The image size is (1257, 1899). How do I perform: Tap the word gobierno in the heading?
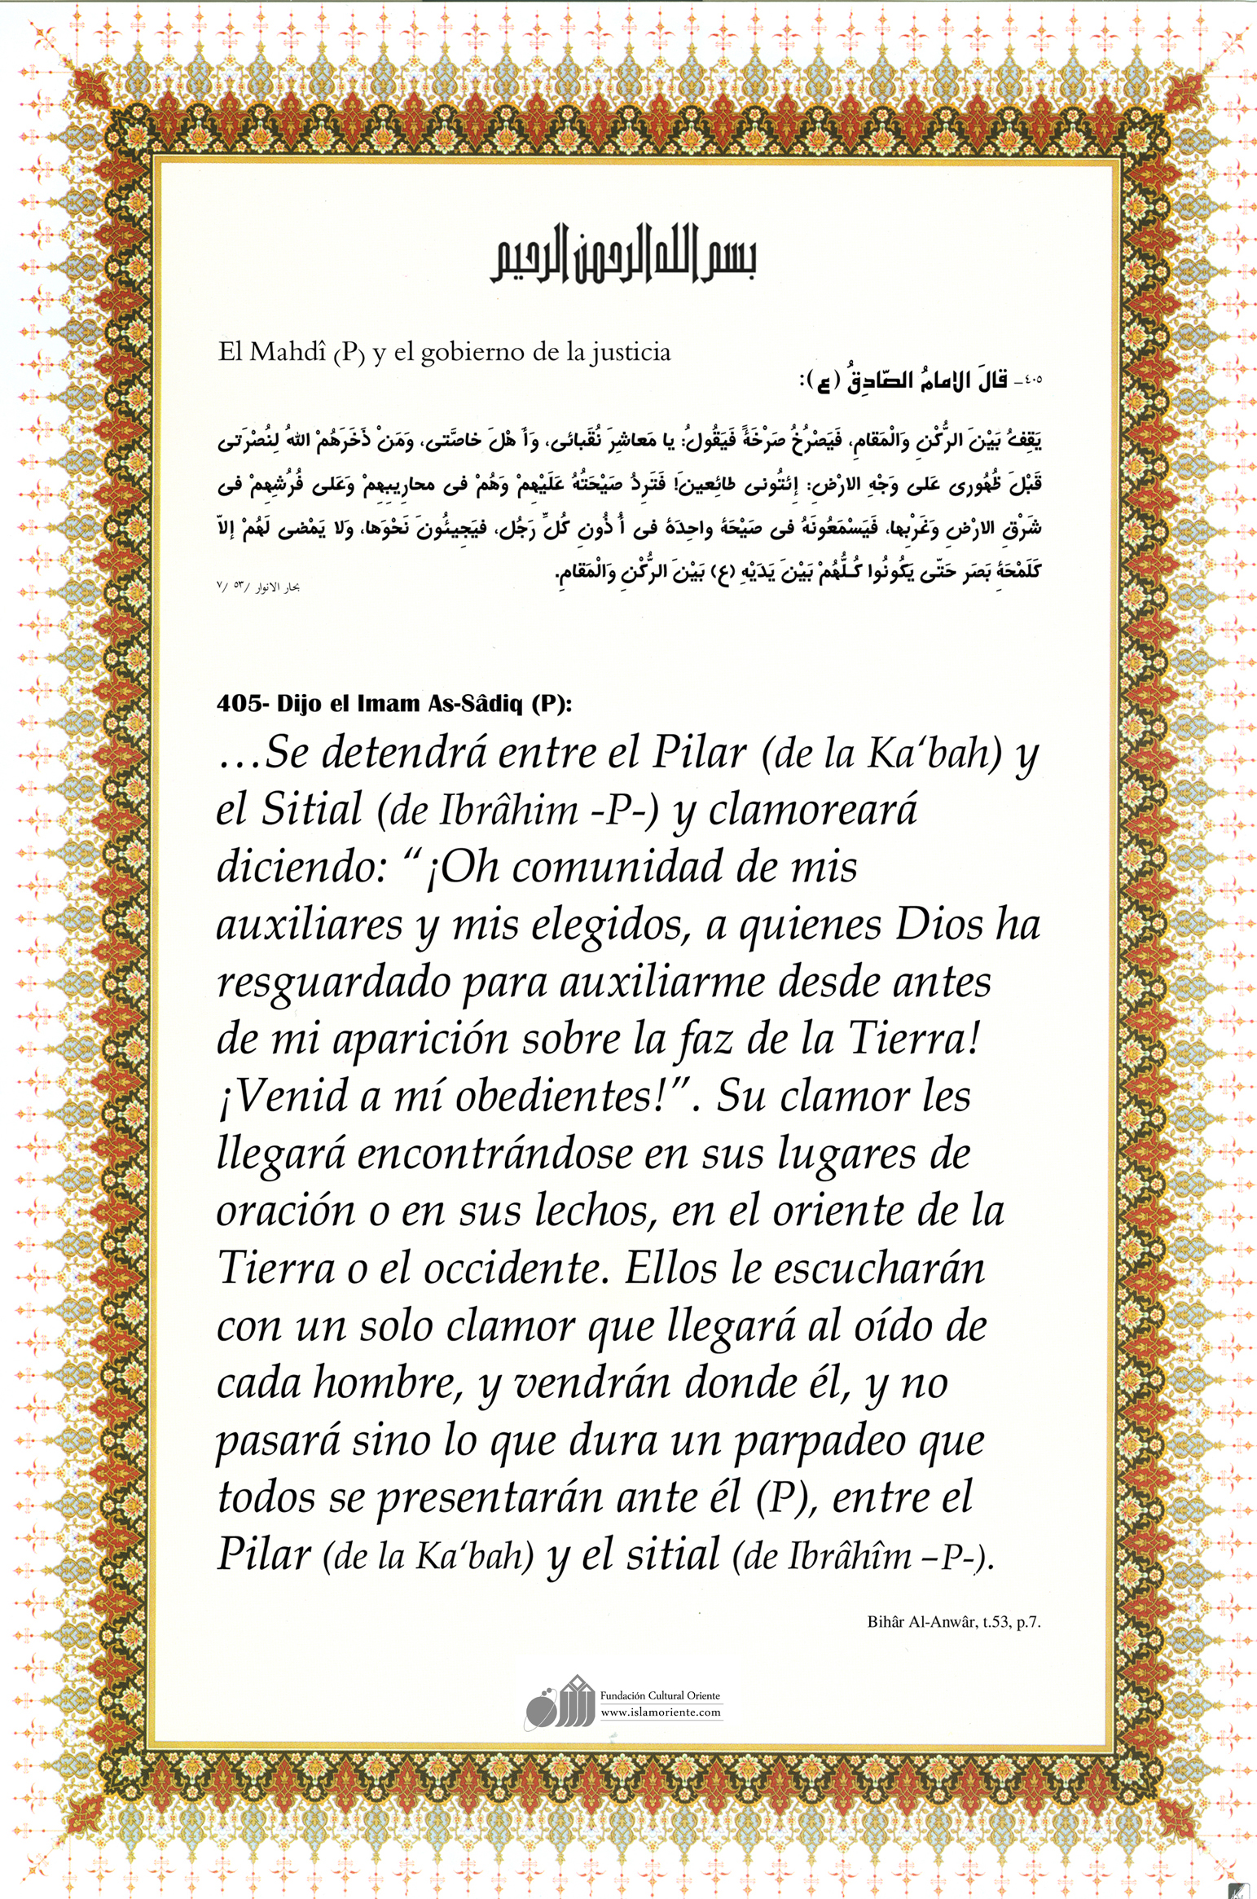472,353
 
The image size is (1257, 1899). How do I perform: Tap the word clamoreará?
812,810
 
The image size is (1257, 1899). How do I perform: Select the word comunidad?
617,867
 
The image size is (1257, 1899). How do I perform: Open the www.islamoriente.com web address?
660,1712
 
